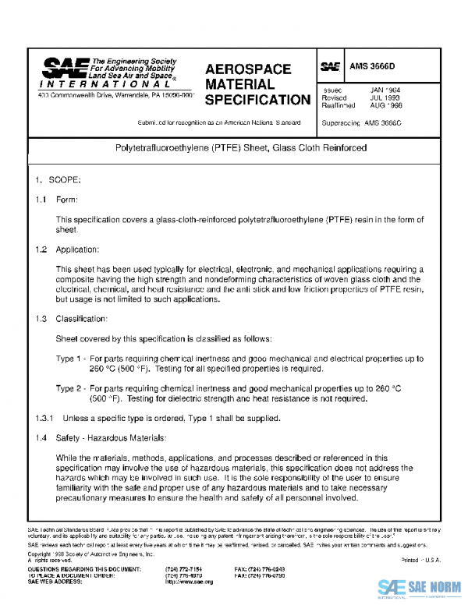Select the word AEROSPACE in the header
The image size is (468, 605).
click(x=248, y=69)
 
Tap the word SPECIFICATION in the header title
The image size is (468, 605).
click(x=257, y=100)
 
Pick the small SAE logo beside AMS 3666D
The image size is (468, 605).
click(x=330, y=68)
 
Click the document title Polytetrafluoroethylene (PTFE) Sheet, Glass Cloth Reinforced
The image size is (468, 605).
click(x=235, y=147)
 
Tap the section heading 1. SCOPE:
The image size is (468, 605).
click(x=52, y=179)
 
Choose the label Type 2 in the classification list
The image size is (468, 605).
click(x=70, y=388)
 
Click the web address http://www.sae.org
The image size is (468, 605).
click(x=189, y=582)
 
